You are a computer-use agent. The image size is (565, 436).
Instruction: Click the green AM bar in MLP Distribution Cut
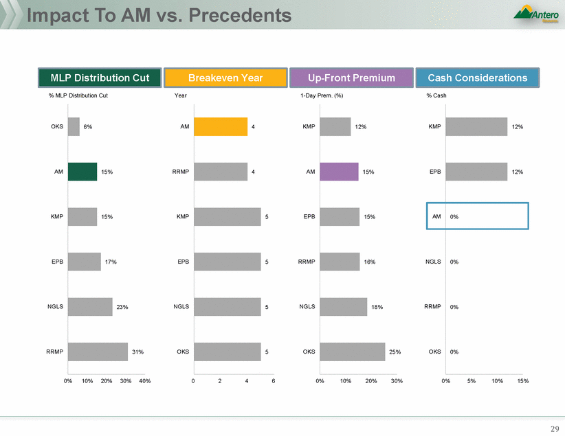click(x=82, y=172)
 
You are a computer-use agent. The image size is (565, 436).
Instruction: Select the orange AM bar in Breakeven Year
click(x=220, y=127)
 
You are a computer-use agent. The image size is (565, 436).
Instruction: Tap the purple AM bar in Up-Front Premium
click(x=339, y=172)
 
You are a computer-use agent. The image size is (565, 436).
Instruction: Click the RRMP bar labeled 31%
click(x=98, y=352)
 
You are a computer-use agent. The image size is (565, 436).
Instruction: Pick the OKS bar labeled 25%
click(x=352, y=352)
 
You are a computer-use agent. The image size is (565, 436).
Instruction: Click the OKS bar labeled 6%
click(x=74, y=127)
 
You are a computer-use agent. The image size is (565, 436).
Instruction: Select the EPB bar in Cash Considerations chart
click(x=476, y=172)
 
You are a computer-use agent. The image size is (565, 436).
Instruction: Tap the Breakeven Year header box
click(x=226, y=78)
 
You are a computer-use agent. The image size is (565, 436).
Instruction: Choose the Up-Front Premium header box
click(x=351, y=78)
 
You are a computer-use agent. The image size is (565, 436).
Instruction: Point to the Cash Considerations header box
click(x=477, y=78)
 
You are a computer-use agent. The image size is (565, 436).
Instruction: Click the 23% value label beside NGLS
click(x=122, y=307)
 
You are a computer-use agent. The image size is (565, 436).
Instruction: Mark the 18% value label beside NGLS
click(x=377, y=307)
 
